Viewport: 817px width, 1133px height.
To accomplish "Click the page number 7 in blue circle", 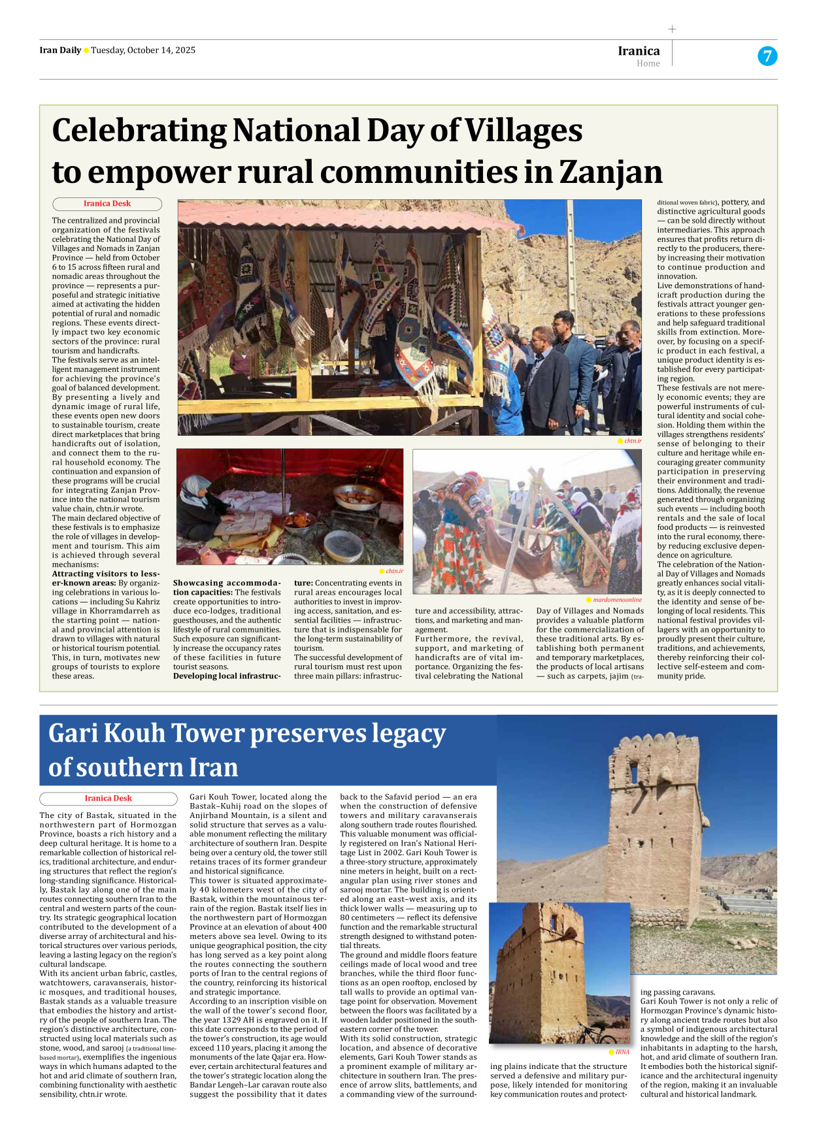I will click(x=767, y=56).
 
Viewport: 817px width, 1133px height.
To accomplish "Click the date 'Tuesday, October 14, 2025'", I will click(x=143, y=50).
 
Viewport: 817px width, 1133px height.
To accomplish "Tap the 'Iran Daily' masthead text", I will click(x=60, y=50).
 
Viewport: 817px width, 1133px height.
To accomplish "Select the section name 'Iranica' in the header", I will click(x=639, y=51).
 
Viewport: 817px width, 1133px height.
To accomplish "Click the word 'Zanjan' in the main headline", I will click(x=610, y=172).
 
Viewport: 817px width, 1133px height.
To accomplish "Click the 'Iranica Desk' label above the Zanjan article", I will click(x=107, y=204).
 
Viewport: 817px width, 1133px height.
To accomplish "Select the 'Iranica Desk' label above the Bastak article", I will click(x=108, y=798).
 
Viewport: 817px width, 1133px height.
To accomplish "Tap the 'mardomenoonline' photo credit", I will click(x=617, y=599).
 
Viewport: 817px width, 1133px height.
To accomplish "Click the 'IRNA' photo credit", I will click(x=622, y=1052).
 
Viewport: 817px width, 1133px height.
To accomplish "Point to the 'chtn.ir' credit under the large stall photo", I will click(x=632, y=441).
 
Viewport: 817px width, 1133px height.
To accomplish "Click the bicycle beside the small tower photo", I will click(x=596, y=1032).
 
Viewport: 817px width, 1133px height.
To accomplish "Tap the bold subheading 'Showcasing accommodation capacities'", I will click(x=226, y=587).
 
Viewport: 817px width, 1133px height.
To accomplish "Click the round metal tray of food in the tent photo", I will click(x=358, y=498).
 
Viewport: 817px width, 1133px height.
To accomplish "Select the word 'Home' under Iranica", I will click(x=648, y=63).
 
